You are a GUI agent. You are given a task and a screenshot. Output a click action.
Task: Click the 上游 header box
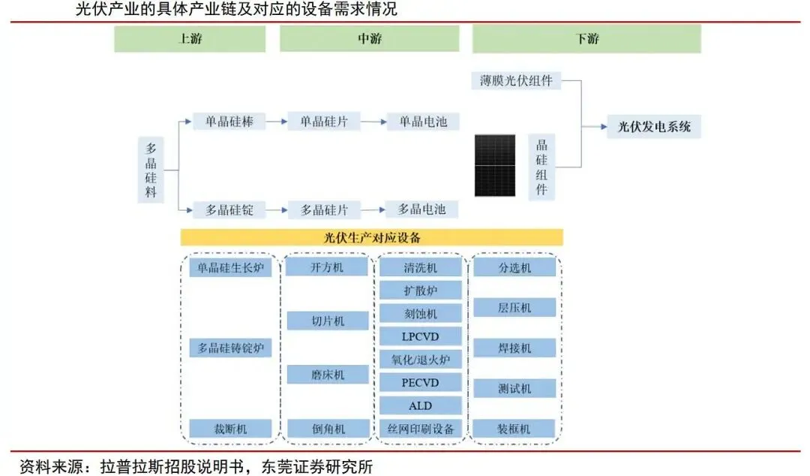pyautogui.click(x=190, y=39)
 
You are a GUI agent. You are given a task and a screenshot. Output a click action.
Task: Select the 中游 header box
pyautogui.click(x=370, y=39)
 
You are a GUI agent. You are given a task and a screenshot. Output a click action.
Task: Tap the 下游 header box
pyautogui.click(x=586, y=39)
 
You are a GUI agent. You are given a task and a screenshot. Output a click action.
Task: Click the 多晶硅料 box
pyautogui.click(x=151, y=170)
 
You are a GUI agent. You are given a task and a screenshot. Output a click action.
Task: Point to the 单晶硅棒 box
pyautogui.click(x=229, y=121)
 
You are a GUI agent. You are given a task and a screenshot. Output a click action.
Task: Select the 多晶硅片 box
pyautogui.click(x=329, y=209)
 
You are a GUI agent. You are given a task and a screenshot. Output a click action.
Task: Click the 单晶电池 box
pyautogui.click(x=423, y=121)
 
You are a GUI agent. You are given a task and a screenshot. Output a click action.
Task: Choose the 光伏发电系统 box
pyautogui.click(x=654, y=126)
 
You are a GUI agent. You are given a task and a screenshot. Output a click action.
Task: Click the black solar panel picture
pyautogui.click(x=495, y=165)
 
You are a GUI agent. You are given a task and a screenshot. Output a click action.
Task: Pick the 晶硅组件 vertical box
pyautogui.click(x=541, y=167)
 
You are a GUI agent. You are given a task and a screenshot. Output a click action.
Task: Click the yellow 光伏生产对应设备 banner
pyautogui.click(x=371, y=237)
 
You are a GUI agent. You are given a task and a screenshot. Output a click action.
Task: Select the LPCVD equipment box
pyautogui.click(x=420, y=336)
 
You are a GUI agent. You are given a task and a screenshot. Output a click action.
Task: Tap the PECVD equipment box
pyautogui.click(x=420, y=383)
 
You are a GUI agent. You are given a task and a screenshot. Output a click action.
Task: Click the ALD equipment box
pyautogui.click(x=420, y=405)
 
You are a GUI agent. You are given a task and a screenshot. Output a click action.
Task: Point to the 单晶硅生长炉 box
pyautogui.click(x=230, y=268)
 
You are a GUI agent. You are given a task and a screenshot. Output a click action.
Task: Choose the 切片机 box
pyautogui.click(x=328, y=321)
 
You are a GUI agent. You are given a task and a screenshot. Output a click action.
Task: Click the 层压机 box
pyautogui.click(x=514, y=308)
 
